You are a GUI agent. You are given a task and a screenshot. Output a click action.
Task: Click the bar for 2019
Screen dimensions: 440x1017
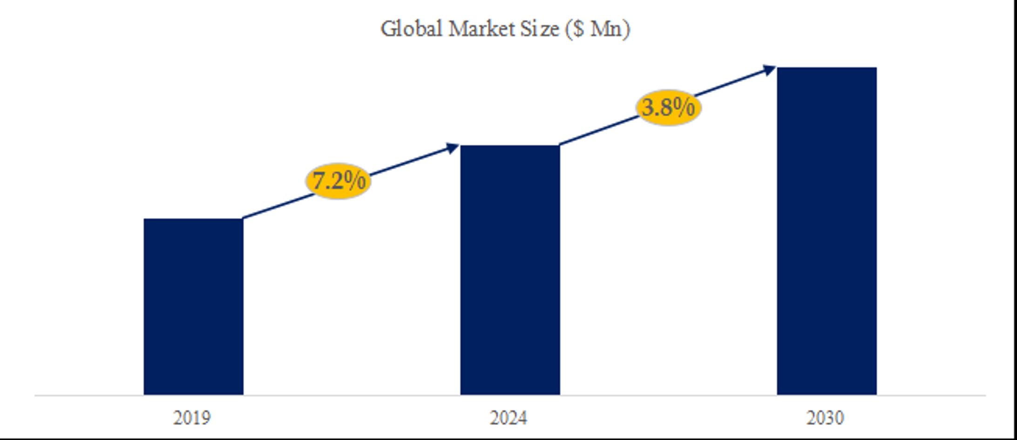(x=193, y=306)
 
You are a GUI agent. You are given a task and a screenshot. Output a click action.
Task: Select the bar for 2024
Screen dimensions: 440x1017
(x=510, y=270)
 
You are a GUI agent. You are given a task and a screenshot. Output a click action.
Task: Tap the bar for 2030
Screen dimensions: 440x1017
(x=827, y=231)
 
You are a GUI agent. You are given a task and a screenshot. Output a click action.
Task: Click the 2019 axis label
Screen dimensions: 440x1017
(x=192, y=418)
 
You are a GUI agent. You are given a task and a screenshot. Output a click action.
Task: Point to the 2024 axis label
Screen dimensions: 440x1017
(x=508, y=418)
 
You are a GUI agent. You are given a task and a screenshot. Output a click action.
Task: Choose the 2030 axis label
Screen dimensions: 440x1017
(x=825, y=418)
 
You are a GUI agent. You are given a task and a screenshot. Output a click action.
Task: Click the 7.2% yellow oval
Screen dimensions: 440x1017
(x=339, y=181)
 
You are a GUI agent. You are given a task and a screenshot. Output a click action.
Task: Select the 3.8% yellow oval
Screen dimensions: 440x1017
(x=668, y=108)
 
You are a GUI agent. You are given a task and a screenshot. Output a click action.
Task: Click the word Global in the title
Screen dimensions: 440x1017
(x=411, y=29)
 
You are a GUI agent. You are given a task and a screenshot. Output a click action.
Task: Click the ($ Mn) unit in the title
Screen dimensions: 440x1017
(x=597, y=29)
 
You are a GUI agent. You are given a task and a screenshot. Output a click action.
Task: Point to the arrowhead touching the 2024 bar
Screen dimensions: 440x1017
(x=452, y=149)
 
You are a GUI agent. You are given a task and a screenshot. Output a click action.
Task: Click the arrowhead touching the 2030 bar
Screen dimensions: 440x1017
(x=768, y=70)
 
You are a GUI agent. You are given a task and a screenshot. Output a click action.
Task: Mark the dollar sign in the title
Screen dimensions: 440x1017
(x=578, y=29)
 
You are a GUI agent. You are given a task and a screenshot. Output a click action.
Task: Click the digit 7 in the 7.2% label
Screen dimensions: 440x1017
(x=319, y=181)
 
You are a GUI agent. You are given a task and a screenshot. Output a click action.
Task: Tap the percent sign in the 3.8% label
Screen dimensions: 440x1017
(x=684, y=108)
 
